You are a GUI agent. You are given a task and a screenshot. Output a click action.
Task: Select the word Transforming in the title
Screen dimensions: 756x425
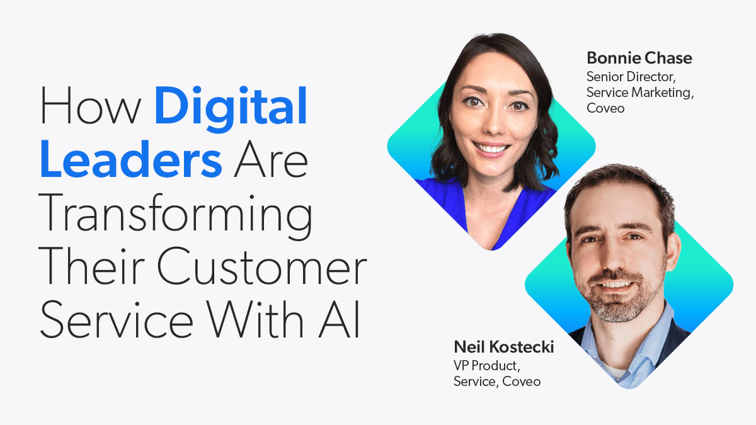(176, 216)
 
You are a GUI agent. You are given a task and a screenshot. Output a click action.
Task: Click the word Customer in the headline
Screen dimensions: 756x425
(262, 266)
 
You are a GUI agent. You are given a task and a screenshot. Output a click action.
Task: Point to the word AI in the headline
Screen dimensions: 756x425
(339, 318)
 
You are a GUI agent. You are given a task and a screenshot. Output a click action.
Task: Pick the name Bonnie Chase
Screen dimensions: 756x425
(639, 58)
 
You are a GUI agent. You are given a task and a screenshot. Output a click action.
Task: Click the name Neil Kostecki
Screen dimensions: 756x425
(504, 347)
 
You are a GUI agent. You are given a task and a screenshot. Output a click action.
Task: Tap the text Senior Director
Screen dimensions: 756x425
(631, 77)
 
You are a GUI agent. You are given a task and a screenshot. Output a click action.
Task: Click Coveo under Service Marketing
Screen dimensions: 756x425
(605, 108)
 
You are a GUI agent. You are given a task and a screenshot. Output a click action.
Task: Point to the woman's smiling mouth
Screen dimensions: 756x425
(490, 149)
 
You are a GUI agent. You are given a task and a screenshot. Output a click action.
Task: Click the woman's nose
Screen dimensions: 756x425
(493, 125)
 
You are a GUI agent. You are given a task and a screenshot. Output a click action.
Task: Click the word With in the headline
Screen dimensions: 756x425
(255, 318)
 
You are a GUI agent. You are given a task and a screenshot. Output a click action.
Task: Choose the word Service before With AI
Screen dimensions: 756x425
(117, 319)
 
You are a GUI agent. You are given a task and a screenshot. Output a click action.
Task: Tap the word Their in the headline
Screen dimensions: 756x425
(91, 266)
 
